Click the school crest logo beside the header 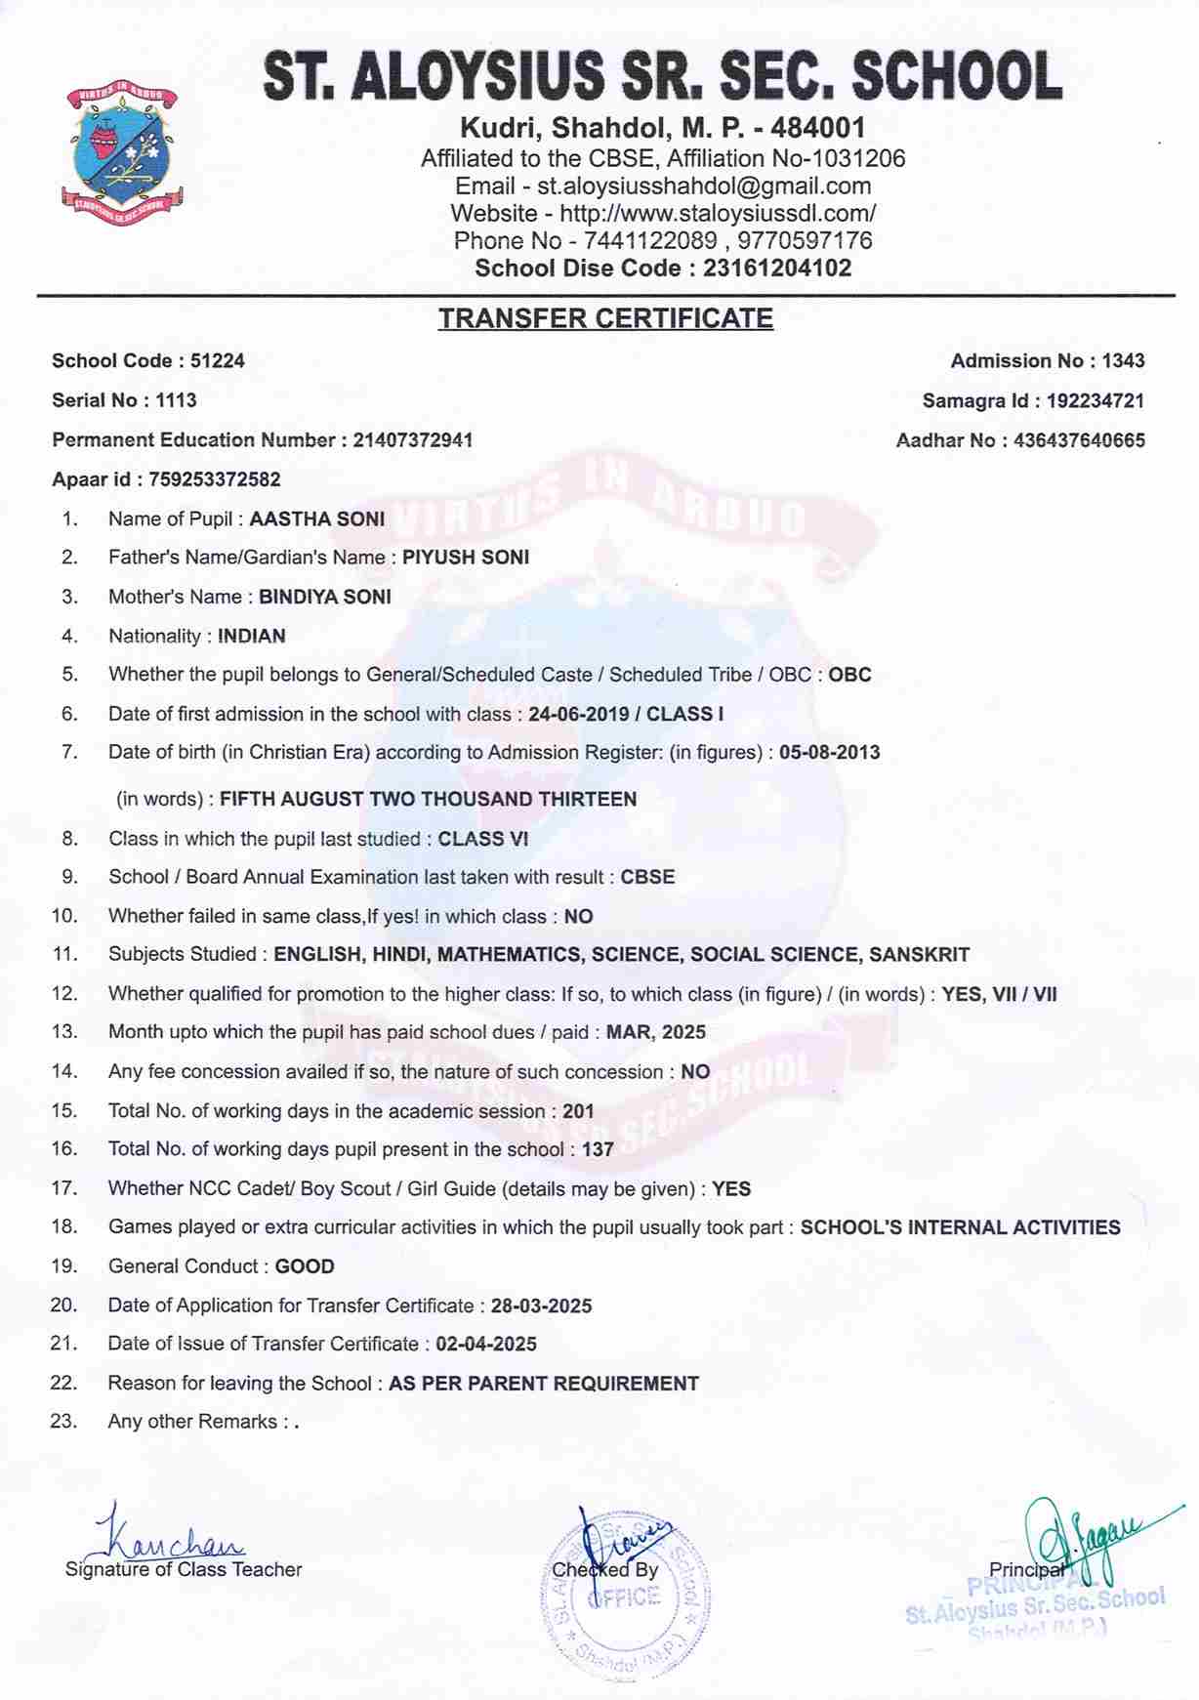121,152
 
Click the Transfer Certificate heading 605,318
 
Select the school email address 704,186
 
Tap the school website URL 718,213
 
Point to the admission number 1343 1123,361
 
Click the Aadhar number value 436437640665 1079,440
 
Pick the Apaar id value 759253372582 215,479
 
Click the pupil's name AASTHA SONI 317,519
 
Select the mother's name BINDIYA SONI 325,597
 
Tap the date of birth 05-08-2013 829,753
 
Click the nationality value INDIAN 252,637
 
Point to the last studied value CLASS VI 483,839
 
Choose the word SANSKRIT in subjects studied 920,955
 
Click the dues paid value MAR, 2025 656,1032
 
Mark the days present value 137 598,1149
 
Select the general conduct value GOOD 305,1266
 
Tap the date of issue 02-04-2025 486,1345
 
